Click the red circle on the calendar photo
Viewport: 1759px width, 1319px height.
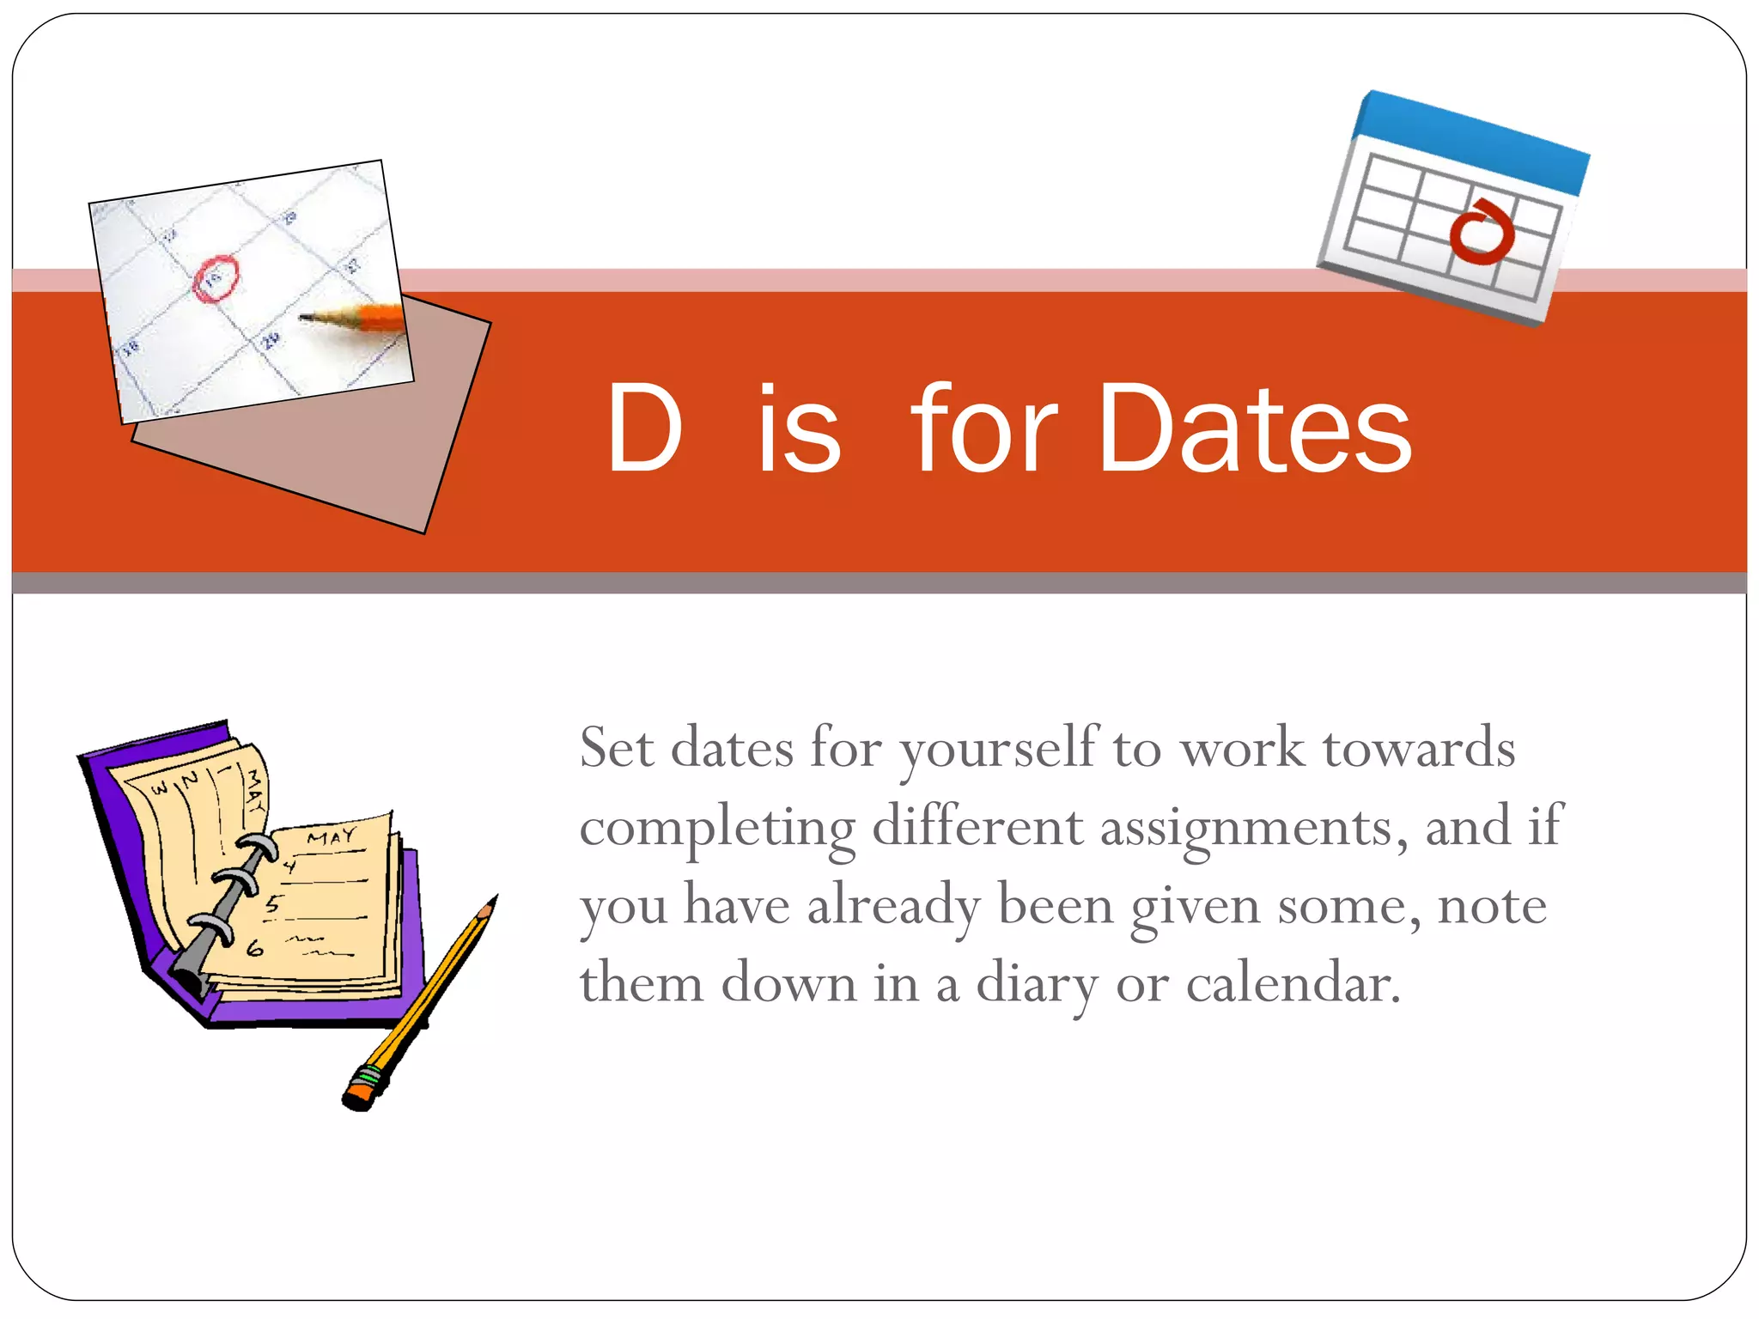[215, 278]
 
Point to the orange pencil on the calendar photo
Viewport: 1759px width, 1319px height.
[361, 319]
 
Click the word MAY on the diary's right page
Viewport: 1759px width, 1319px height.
[332, 836]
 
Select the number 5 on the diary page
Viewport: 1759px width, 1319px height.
[273, 903]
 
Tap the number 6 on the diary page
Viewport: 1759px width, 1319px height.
[255, 948]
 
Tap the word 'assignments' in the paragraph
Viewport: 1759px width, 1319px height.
[1252, 828]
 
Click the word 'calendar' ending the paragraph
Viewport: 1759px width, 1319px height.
[1292, 982]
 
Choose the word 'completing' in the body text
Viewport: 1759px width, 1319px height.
[717, 828]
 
